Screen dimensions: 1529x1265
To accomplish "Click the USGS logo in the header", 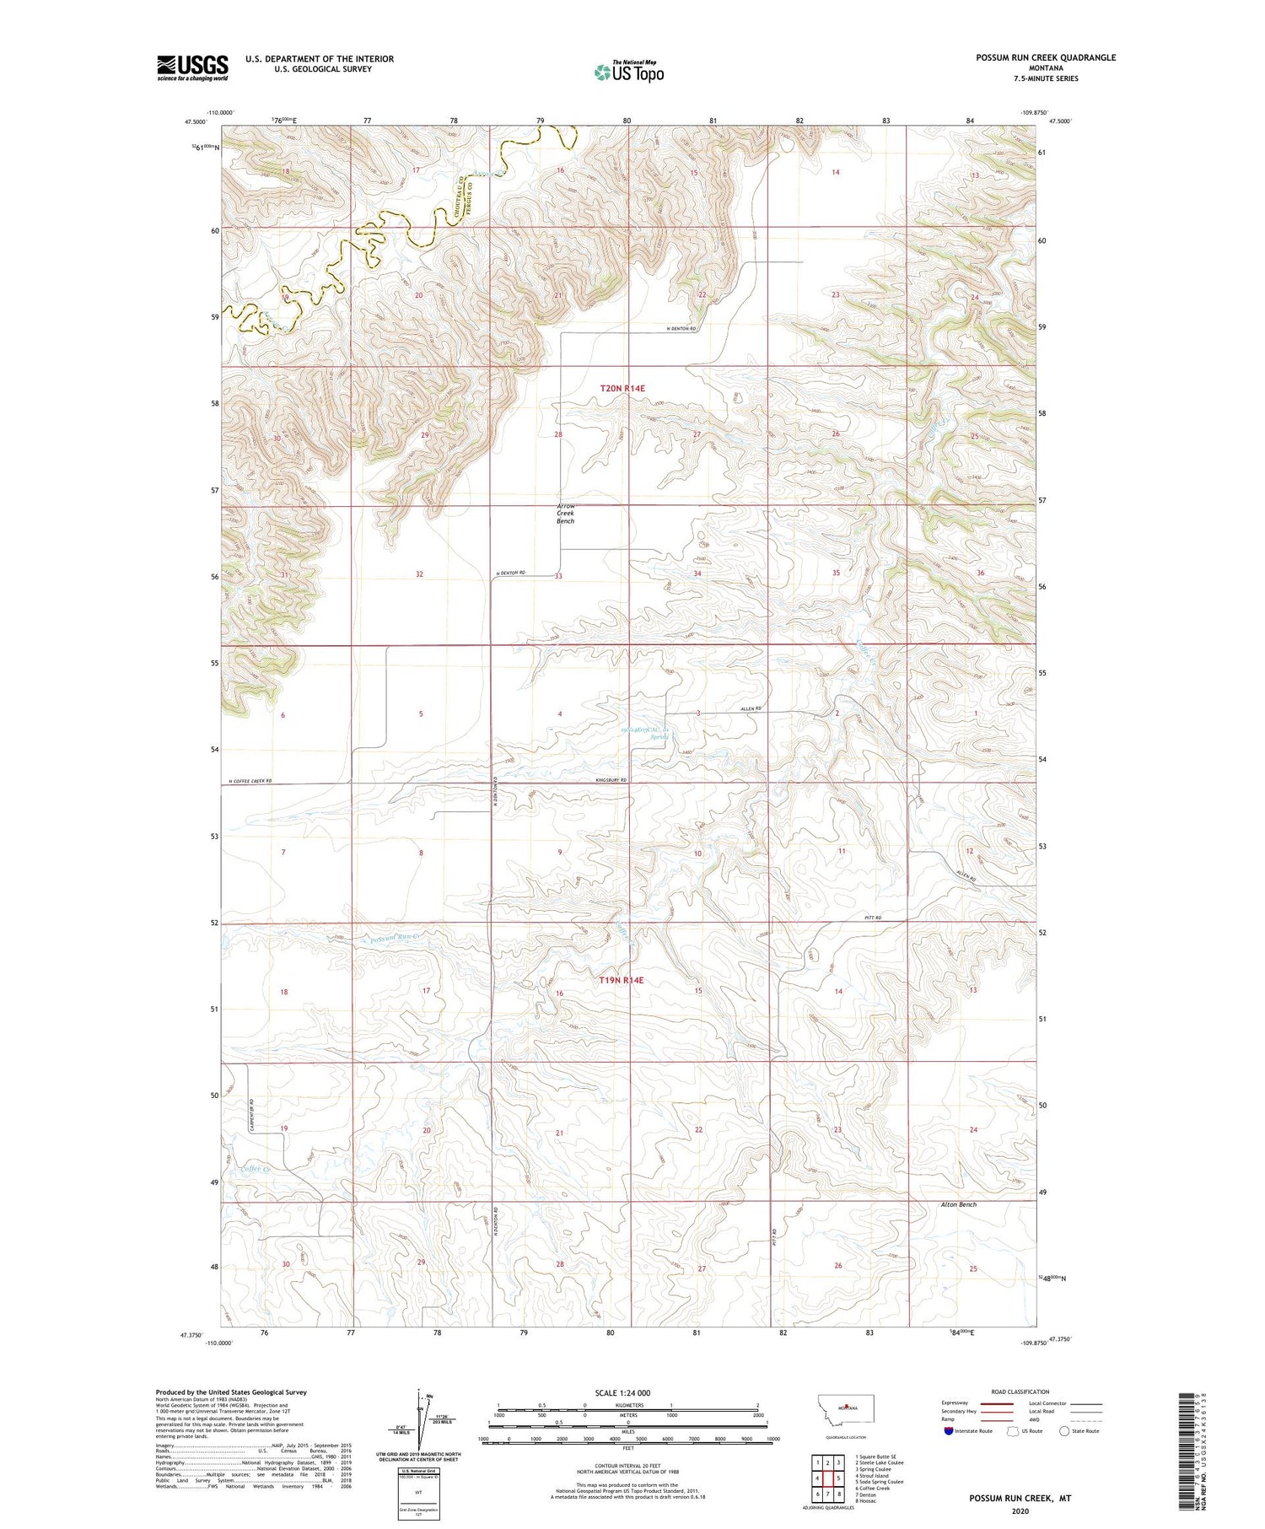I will point(192,67).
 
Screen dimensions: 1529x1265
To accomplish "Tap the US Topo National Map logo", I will point(628,72).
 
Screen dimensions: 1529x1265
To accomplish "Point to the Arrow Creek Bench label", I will point(565,514).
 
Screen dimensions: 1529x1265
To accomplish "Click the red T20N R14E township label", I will point(622,389).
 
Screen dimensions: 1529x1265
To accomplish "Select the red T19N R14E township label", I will point(622,981).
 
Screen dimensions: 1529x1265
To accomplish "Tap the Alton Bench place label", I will point(959,1204).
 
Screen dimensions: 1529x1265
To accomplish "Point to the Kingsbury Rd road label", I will point(611,780).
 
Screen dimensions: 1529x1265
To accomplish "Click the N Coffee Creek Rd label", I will point(246,781).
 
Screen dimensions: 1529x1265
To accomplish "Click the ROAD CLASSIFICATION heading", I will point(1020,1392).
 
